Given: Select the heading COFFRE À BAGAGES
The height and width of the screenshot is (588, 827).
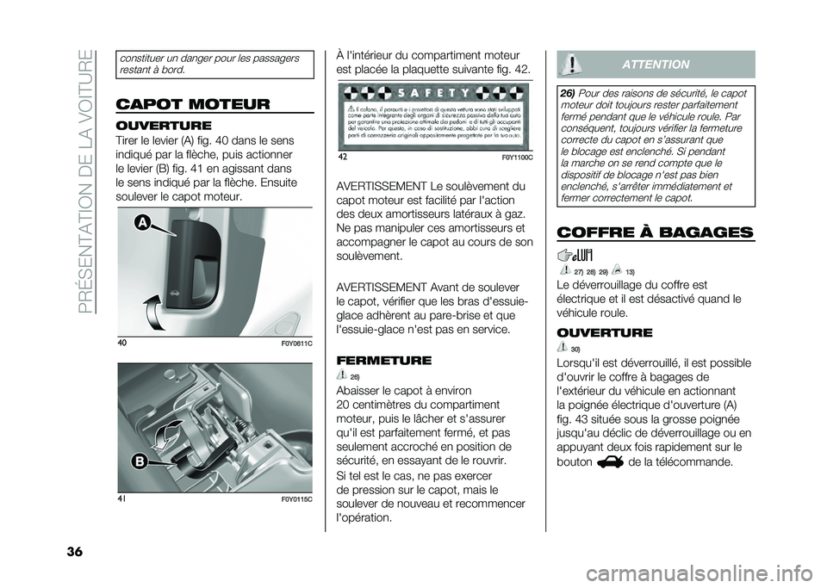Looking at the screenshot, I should [656, 232].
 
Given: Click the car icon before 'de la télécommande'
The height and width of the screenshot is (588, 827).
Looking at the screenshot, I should [610, 461].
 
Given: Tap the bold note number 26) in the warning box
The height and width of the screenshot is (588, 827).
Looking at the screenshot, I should [567, 92].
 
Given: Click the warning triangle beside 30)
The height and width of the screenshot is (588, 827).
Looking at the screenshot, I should [563, 347].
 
